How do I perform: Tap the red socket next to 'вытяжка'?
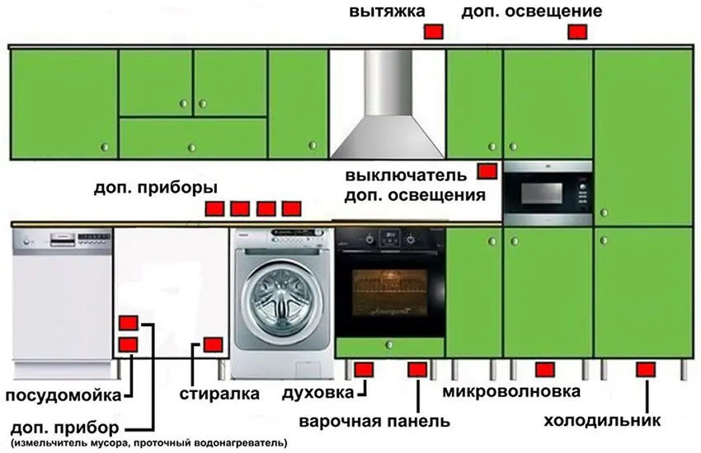(433, 31)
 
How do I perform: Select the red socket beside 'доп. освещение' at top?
(576, 31)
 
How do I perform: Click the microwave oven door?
(540, 194)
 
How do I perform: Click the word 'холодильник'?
(602, 422)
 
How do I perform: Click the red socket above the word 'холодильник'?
(645, 369)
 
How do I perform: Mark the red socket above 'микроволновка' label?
(542, 369)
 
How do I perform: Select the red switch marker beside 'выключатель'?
(487, 171)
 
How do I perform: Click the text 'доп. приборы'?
(144, 187)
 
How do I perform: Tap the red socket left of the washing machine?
(214, 344)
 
